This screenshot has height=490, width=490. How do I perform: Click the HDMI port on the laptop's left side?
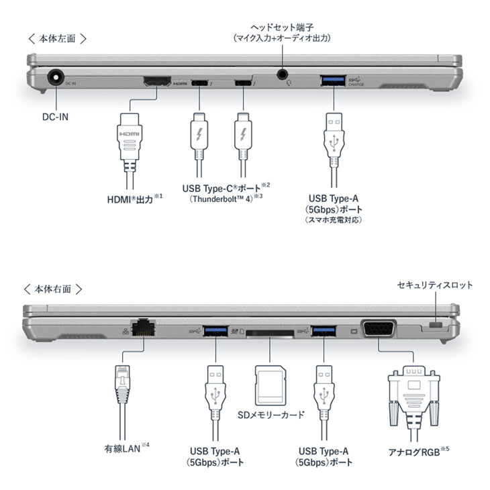pyautogui.click(x=156, y=82)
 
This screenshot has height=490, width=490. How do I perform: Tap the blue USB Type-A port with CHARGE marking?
pyautogui.click(x=333, y=81)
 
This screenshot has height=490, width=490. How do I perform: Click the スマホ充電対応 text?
pyautogui.click(x=334, y=219)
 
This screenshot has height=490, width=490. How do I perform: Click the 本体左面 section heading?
pyautogui.click(x=57, y=38)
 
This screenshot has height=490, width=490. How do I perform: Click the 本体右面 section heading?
pyautogui.click(x=57, y=289)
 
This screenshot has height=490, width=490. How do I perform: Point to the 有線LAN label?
pyautogui.click(x=121, y=448)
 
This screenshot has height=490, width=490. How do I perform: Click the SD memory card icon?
pyautogui.click(x=271, y=383)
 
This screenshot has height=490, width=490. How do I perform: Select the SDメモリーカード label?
pyautogui.click(x=271, y=415)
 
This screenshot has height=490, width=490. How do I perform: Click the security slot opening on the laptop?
pyautogui.click(x=437, y=326)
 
